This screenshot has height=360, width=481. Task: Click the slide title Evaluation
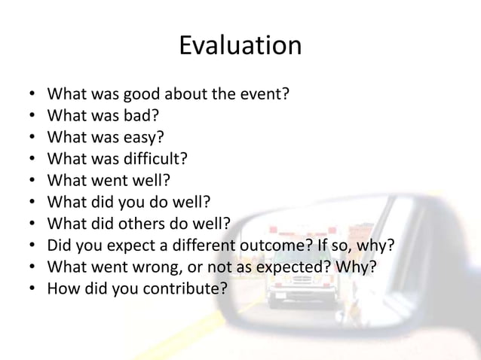tap(240, 46)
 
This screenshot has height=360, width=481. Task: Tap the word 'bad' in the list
tap(141, 117)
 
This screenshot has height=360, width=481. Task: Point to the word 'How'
tap(63, 288)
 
